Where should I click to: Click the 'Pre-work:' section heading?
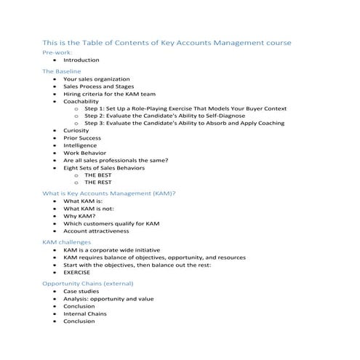57,53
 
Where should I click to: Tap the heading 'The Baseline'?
62,71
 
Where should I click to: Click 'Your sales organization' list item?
97,79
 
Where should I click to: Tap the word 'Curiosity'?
78,129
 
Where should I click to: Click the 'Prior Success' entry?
83,137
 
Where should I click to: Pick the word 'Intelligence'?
80,146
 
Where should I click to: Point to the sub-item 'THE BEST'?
98,176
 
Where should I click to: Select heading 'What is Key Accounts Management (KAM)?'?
109,194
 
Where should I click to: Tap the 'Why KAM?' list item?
79,215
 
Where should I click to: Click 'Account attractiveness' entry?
96,231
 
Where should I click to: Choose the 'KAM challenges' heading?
67,242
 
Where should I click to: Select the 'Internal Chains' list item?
85,313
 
